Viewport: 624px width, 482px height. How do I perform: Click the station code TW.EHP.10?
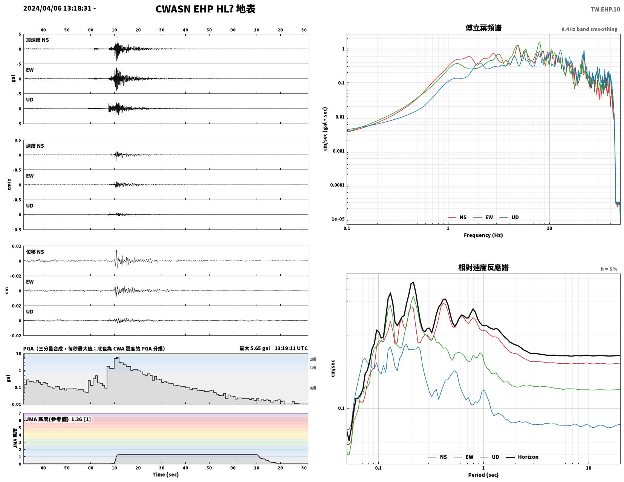605,9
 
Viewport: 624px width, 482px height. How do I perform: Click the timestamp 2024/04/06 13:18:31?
57,8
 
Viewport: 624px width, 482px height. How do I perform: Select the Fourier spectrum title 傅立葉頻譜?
483,28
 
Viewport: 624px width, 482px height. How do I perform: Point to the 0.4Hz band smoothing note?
589,29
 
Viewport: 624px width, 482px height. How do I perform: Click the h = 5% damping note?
609,269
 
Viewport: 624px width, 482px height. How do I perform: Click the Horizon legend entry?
522,457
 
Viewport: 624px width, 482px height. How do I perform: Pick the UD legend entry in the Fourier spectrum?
509,217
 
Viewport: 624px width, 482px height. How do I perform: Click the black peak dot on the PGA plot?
117,358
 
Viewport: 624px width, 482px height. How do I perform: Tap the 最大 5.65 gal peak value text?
255,348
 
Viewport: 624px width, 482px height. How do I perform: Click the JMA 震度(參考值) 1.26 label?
58,419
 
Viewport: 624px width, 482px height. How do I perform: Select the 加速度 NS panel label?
37,40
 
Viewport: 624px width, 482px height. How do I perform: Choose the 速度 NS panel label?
35,146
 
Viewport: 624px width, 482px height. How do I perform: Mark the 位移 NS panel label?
35,252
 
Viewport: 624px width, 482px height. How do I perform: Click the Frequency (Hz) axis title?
483,235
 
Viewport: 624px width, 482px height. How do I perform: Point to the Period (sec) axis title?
483,475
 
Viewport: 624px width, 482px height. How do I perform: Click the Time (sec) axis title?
165,474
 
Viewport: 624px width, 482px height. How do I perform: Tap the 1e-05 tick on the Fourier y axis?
338,219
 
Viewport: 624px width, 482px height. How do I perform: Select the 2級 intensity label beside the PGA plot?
313,359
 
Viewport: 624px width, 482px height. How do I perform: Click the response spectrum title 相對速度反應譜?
483,268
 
